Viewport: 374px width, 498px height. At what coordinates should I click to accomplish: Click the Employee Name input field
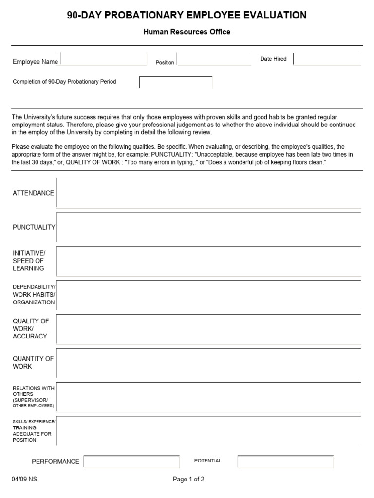(x=103, y=59)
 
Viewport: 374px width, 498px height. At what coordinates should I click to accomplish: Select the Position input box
(x=214, y=59)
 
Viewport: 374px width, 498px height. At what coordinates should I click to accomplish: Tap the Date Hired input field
(x=327, y=59)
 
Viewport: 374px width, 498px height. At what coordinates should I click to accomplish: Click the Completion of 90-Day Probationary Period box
(x=176, y=82)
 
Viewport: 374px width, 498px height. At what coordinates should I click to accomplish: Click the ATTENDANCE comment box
(x=208, y=193)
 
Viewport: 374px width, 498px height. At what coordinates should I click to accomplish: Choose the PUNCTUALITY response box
(x=208, y=227)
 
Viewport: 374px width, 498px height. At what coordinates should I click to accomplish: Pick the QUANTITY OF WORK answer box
(x=208, y=363)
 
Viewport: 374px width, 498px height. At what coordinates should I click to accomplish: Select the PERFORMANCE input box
(x=131, y=462)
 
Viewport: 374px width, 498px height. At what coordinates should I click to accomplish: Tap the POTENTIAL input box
(x=285, y=462)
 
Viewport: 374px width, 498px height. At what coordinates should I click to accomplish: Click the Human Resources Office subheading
(x=187, y=32)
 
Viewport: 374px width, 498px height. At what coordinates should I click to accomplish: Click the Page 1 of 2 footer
(x=188, y=479)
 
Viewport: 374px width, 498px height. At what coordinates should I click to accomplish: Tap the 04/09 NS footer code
(x=24, y=479)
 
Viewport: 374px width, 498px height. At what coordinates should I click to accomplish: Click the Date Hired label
(x=273, y=59)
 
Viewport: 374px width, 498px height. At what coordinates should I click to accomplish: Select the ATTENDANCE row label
(x=33, y=193)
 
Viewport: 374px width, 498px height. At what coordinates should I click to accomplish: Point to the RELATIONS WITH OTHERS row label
(x=33, y=396)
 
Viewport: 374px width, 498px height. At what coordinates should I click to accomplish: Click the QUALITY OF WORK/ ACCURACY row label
(x=31, y=328)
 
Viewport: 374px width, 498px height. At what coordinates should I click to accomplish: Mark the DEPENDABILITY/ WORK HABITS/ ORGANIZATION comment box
(x=208, y=295)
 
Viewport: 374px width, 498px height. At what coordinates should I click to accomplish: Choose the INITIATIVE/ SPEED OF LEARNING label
(x=29, y=261)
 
